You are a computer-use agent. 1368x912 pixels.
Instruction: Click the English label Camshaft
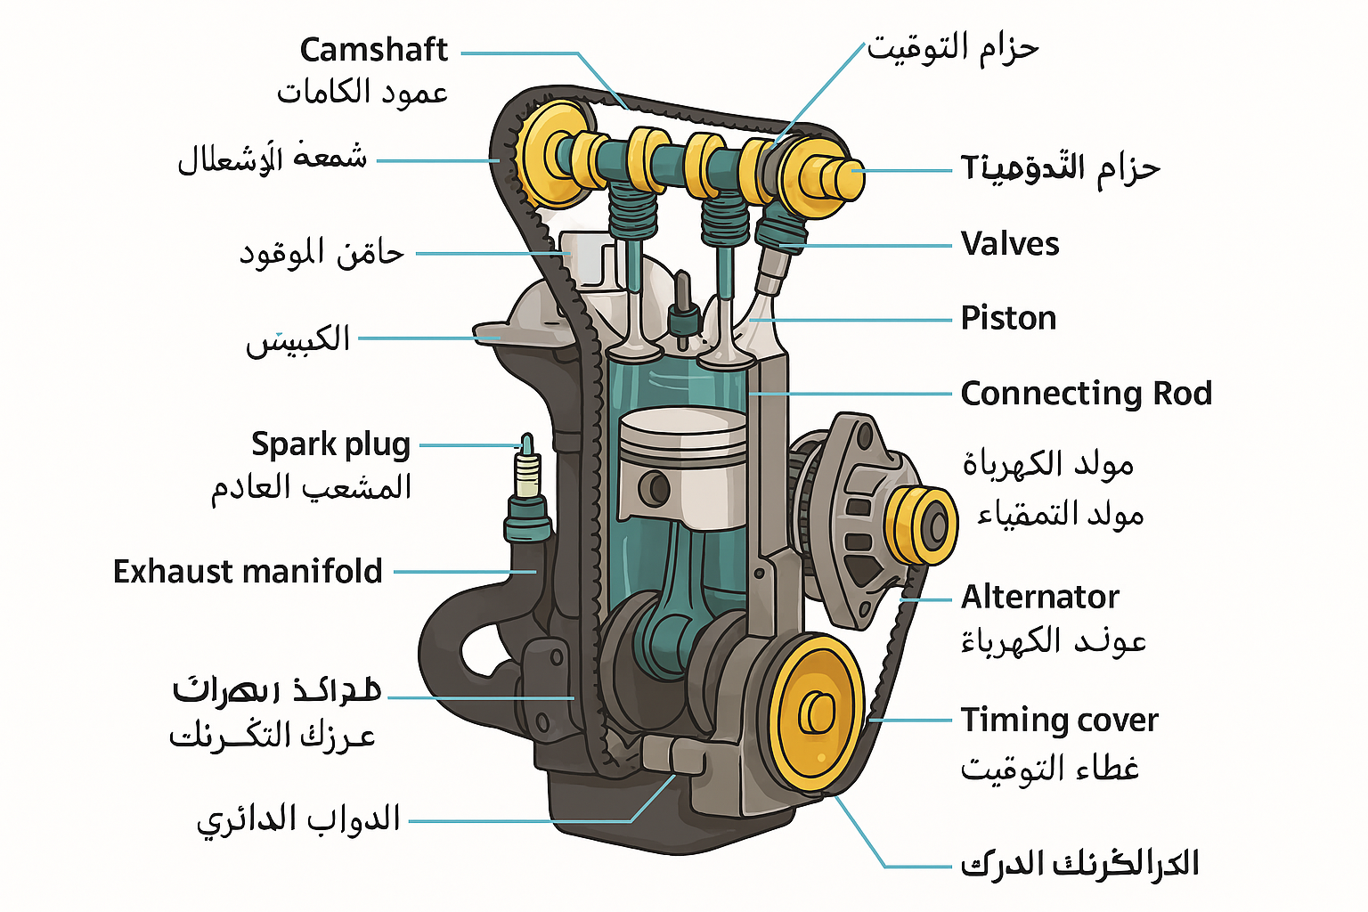click(x=373, y=50)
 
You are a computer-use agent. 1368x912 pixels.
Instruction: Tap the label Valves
click(x=1010, y=244)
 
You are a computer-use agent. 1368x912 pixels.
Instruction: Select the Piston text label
click(x=1008, y=318)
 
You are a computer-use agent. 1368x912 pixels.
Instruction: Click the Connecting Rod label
click(x=1086, y=393)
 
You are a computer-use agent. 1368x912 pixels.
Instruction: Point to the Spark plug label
click(x=330, y=444)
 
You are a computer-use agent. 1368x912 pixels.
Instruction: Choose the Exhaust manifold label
click(x=248, y=571)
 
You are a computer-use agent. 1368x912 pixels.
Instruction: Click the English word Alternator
click(x=1039, y=597)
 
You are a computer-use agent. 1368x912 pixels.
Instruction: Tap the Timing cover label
click(x=1059, y=720)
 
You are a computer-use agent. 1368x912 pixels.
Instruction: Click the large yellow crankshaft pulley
click(x=814, y=712)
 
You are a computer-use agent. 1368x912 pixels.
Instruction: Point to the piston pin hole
click(x=657, y=487)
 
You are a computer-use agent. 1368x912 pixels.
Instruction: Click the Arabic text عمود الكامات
click(x=362, y=92)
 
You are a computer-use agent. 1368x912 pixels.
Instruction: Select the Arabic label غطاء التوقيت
click(x=1049, y=767)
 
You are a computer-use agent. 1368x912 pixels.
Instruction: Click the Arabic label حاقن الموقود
click(x=322, y=253)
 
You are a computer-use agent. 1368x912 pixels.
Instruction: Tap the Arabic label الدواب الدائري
click(x=298, y=819)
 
